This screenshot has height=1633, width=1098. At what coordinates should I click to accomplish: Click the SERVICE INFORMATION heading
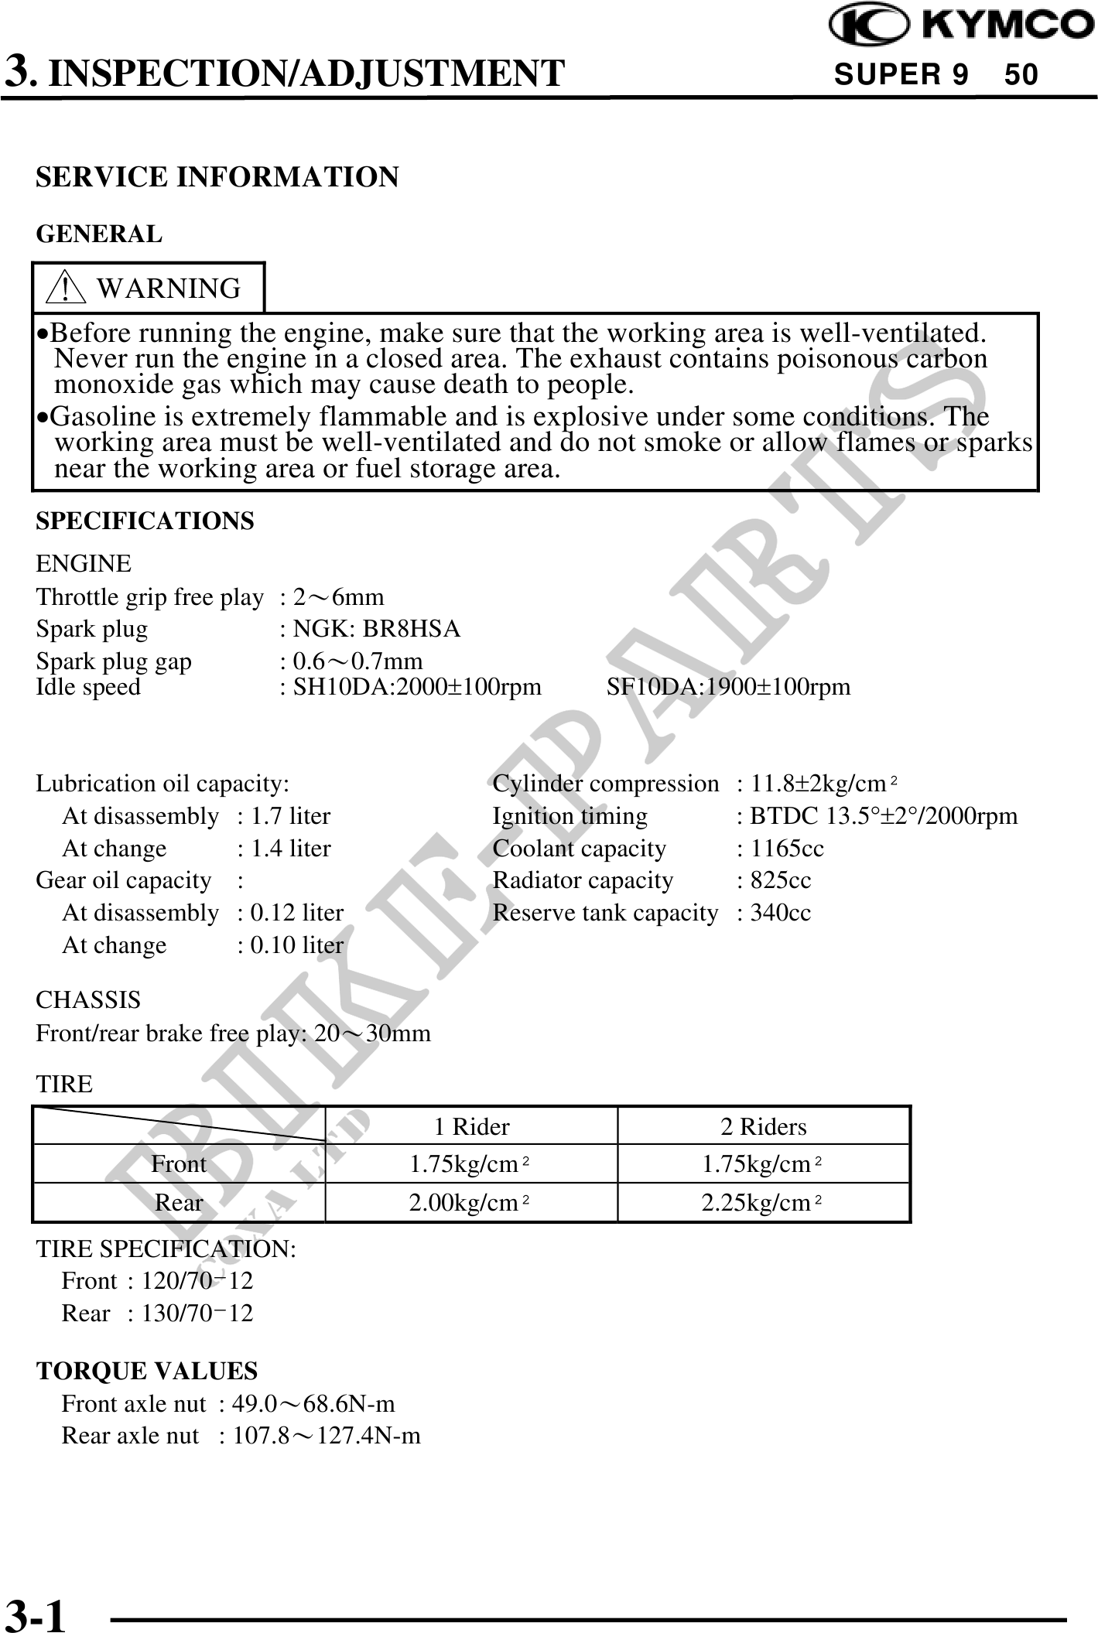[217, 177]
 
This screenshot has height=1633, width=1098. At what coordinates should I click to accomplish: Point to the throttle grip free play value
[337, 597]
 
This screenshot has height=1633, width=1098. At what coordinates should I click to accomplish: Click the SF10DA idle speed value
[728, 687]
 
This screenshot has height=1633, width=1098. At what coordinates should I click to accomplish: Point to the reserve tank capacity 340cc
[780, 913]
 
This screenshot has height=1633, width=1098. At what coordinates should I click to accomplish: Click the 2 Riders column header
[763, 1126]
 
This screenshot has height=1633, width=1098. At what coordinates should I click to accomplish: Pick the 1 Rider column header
[471, 1126]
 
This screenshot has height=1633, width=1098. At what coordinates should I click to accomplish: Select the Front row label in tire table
[179, 1164]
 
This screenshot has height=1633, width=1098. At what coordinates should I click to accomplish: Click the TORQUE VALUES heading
[147, 1371]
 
